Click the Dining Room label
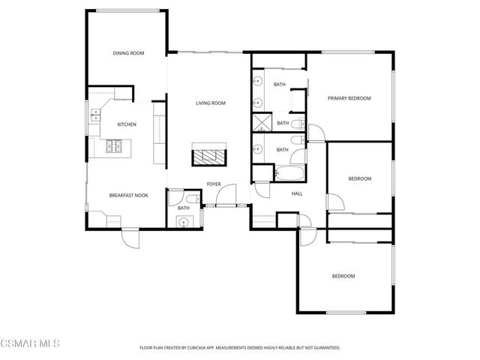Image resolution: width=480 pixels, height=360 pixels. [x=128, y=53]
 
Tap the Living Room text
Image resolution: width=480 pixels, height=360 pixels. [x=211, y=103]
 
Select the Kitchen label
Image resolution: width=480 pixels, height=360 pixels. [x=126, y=124]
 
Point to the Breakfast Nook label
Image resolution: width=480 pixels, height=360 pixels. [x=128, y=195]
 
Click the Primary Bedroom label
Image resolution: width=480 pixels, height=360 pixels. [x=349, y=98]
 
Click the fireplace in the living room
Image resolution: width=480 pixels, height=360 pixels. [x=208, y=154]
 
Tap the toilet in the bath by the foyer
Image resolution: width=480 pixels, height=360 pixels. [x=193, y=198]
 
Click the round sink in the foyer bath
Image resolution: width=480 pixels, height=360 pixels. [x=182, y=221]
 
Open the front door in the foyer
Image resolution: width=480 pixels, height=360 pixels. [x=223, y=199]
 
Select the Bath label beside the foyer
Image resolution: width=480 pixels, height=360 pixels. [x=184, y=208]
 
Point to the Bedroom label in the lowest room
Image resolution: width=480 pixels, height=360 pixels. [x=343, y=276]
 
